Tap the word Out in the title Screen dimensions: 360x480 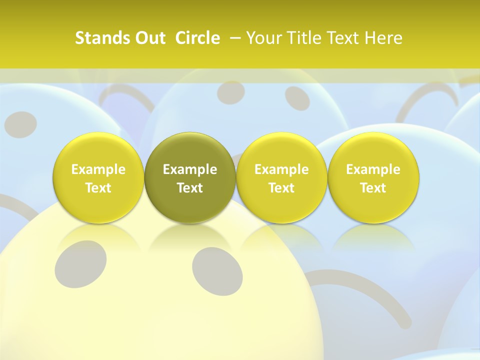click(149, 38)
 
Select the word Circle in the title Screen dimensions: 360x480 click(197, 38)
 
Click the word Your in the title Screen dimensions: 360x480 click(264, 38)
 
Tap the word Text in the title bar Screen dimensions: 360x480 click(346, 38)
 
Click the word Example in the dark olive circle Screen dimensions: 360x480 click(190, 169)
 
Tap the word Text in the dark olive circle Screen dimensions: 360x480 click(190, 188)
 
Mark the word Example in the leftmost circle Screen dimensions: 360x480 click(98, 169)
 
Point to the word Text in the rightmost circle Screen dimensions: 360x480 click(373, 188)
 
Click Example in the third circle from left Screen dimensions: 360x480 click(281, 169)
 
